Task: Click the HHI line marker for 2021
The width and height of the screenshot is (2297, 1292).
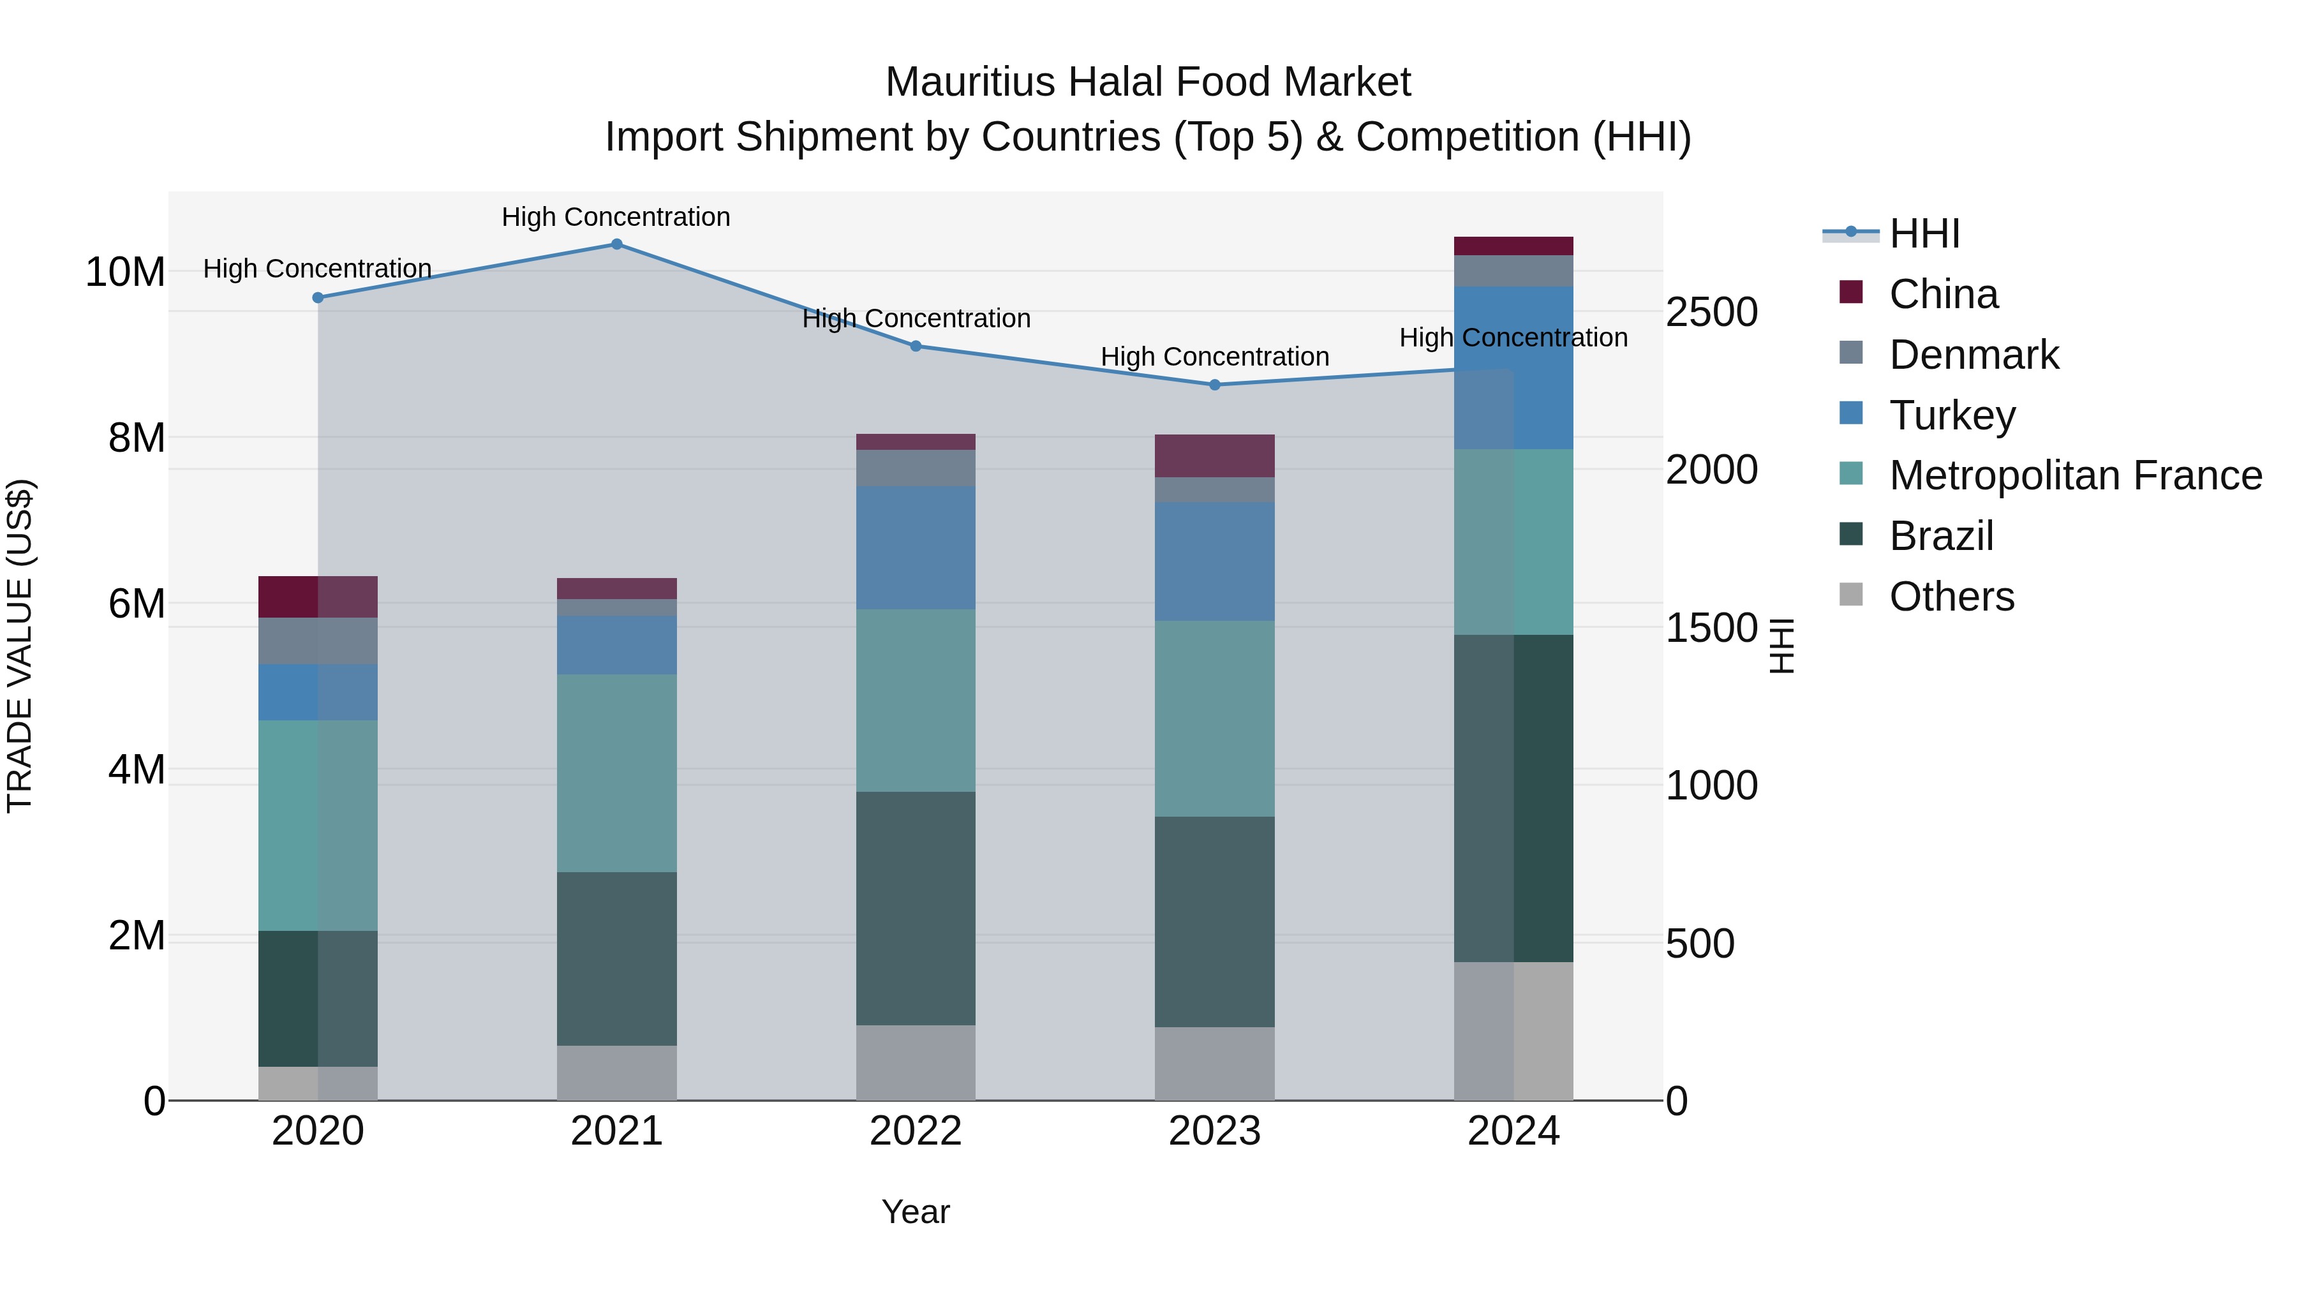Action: point(616,244)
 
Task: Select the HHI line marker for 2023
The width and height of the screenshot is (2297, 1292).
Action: point(1214,385)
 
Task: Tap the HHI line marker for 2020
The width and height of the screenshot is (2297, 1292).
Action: point(318,298)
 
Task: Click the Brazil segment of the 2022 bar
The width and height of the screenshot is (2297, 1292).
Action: point(916,908)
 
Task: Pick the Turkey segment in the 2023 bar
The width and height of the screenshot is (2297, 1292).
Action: point(1214,561)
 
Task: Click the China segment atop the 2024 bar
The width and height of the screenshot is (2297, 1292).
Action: point(1513,246)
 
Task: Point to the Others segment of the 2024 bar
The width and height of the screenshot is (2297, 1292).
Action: point(1513,1031)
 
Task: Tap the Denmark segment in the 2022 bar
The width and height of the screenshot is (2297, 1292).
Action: point(916,468)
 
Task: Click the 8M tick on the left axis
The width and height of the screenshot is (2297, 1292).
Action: point(137,438)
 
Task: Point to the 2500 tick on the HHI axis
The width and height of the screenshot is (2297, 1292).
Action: point(1711,312)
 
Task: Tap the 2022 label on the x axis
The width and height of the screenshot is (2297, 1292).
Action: point(916,1131)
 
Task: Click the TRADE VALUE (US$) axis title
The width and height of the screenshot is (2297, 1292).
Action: point(20,646)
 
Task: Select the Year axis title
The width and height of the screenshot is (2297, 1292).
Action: point(916,1212)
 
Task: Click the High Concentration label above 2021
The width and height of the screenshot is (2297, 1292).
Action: point(616,217)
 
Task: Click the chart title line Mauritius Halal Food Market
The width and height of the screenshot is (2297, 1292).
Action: point(1148,82)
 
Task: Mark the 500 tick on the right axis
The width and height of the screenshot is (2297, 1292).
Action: point(1700,944)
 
